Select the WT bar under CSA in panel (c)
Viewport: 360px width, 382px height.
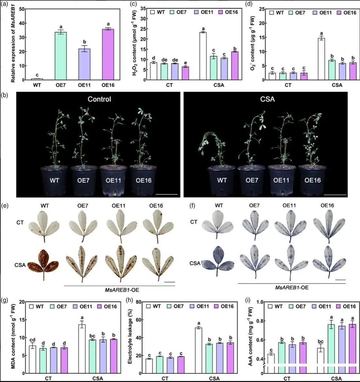pos(203,56)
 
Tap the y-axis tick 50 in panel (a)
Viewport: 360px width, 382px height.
pos(21,9)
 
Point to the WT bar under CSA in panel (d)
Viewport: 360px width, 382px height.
pos(321,59)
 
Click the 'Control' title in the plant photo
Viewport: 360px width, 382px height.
pos(99,99)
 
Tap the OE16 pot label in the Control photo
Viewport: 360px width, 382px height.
pos(144,180)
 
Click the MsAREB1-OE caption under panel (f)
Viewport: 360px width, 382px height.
pos(291,288)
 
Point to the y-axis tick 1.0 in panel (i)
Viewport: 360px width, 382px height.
pos(260,302)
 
